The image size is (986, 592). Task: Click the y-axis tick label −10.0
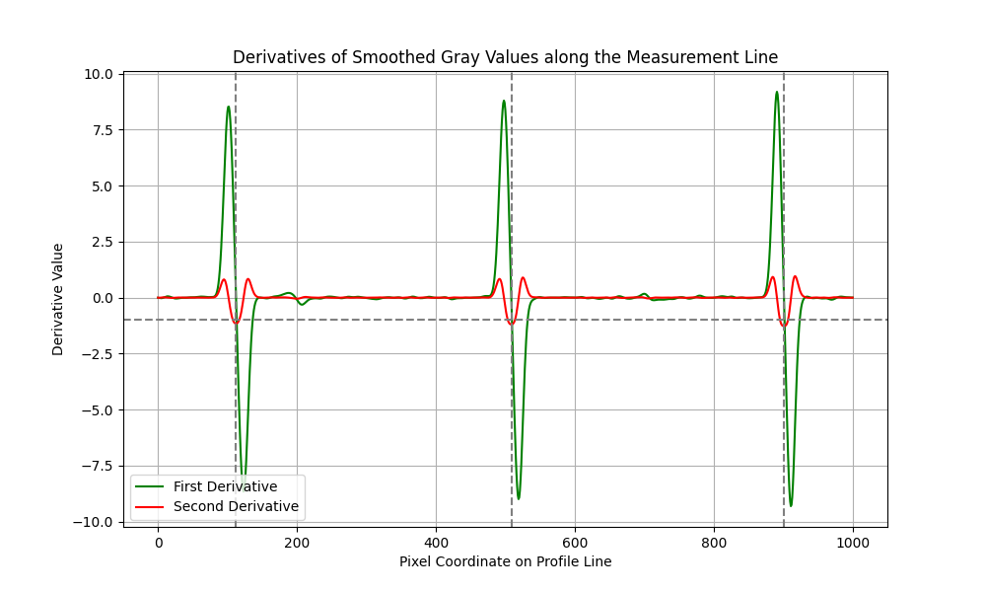coord(97,522)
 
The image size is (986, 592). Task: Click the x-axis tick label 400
coord(436,542)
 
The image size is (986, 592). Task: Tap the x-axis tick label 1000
coord(853,542)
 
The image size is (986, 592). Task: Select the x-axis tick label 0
coord(158,542)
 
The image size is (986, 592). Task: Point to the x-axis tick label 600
coord(575,542)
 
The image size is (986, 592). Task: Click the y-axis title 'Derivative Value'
coord(58,299)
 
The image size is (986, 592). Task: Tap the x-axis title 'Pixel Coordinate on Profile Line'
coord(505,561)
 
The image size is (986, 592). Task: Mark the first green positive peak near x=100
coord(229,107)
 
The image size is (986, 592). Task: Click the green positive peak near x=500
coord(503,100)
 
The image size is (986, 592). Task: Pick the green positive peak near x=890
coord(777,92)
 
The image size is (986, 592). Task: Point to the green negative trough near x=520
coord(519,499)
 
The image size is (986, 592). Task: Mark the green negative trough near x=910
coord(791,506)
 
